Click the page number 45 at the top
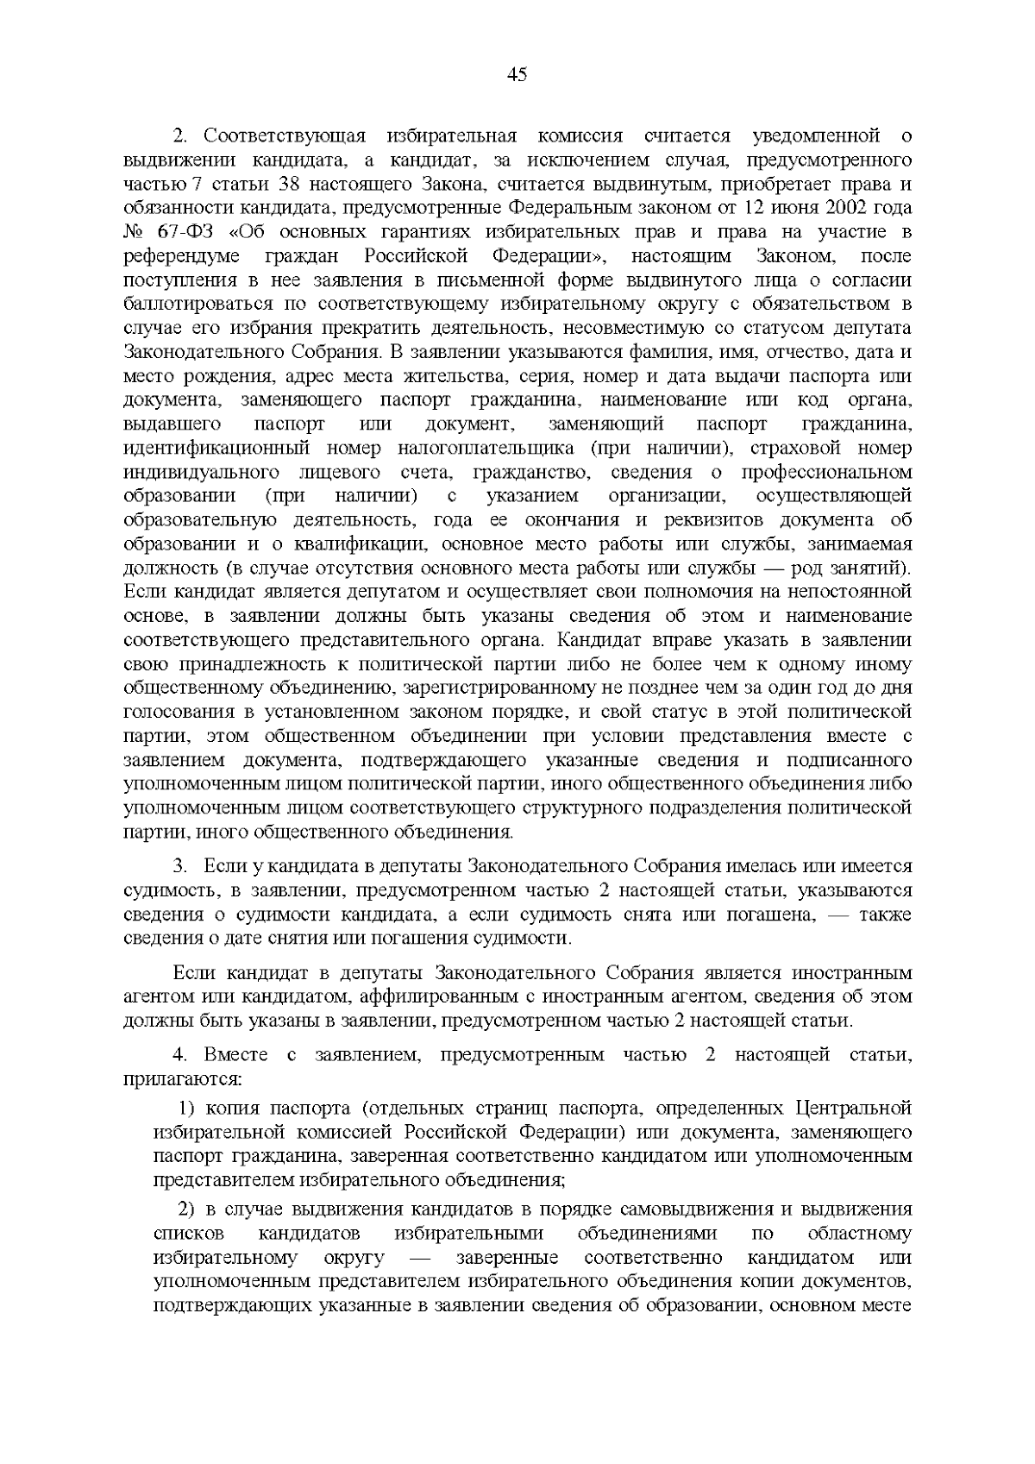point(517,75)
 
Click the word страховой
point(793,449)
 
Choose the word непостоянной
point(850,593)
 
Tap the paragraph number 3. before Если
point(181,865)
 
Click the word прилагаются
point(183,1079)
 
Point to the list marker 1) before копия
point(188,1108)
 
